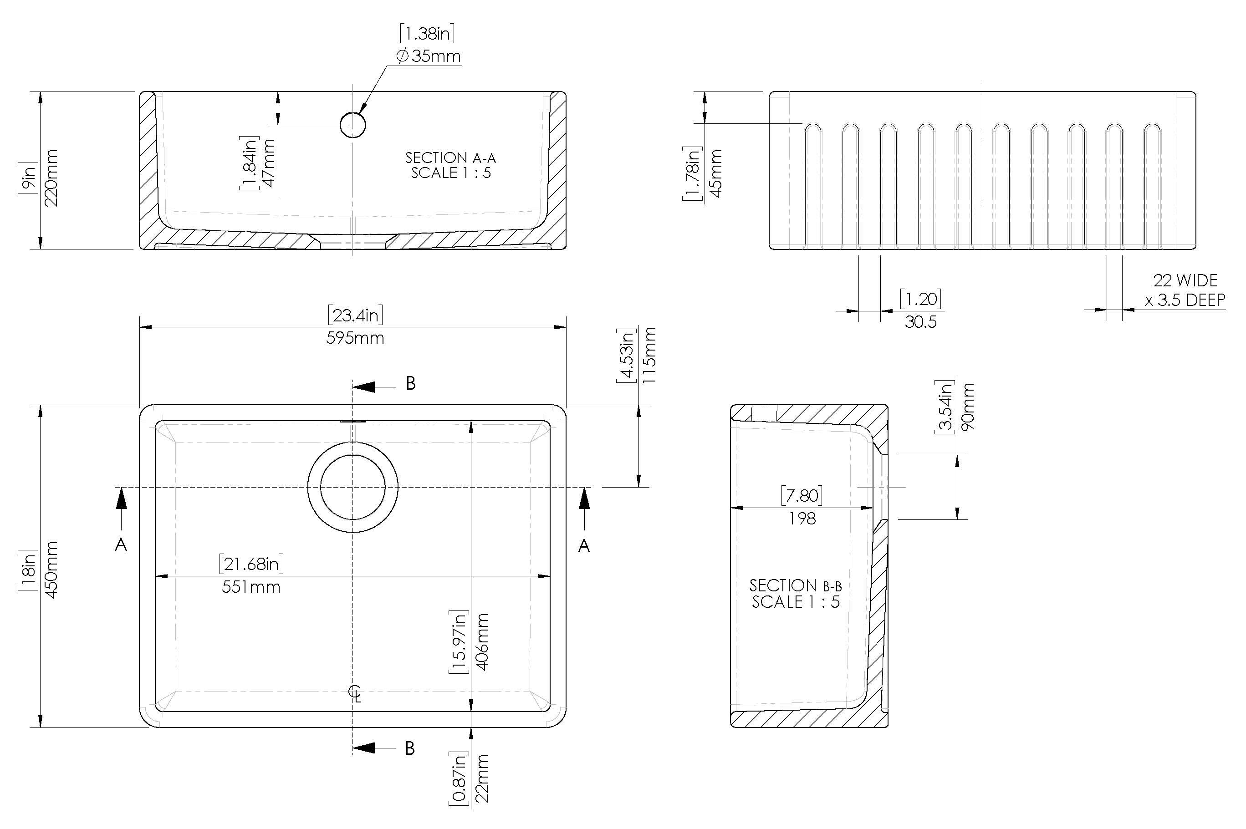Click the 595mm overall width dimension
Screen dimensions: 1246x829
coord(355,338)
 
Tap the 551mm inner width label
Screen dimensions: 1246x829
coord(250,587)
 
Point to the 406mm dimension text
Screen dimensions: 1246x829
coord(482,642)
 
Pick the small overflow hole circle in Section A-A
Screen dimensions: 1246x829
coord(353,125)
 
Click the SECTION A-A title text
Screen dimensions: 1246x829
coord(450,158)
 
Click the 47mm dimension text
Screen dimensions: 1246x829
coord(269,163)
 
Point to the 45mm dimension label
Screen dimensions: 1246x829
coord(715,173)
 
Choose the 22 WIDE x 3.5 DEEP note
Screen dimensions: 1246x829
coord(1185,290)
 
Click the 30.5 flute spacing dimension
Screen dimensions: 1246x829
coord(920,322)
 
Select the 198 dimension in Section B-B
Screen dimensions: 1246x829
coord(802,519)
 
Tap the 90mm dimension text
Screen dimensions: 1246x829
coord(967,407)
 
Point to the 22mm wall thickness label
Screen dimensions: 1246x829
coord(482,778)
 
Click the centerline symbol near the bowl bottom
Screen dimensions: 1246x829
coord(355,692)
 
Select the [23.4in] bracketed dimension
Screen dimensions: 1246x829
coord(355,315)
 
